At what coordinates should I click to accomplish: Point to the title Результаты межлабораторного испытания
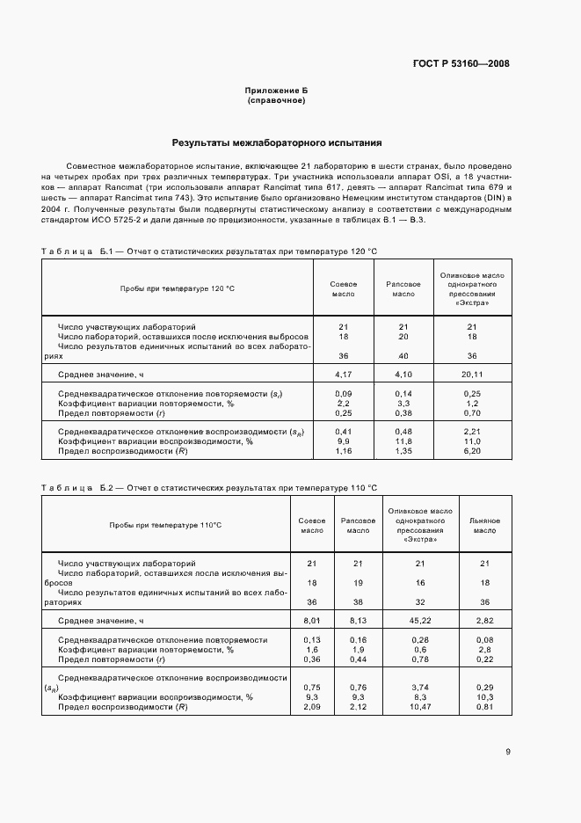point(276,142)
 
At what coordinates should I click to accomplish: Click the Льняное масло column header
point(484,526)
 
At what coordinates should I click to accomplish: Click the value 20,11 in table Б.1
point(472,375)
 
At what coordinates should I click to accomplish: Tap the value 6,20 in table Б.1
point(472,451)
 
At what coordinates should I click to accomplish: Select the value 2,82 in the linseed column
point(484,621)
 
